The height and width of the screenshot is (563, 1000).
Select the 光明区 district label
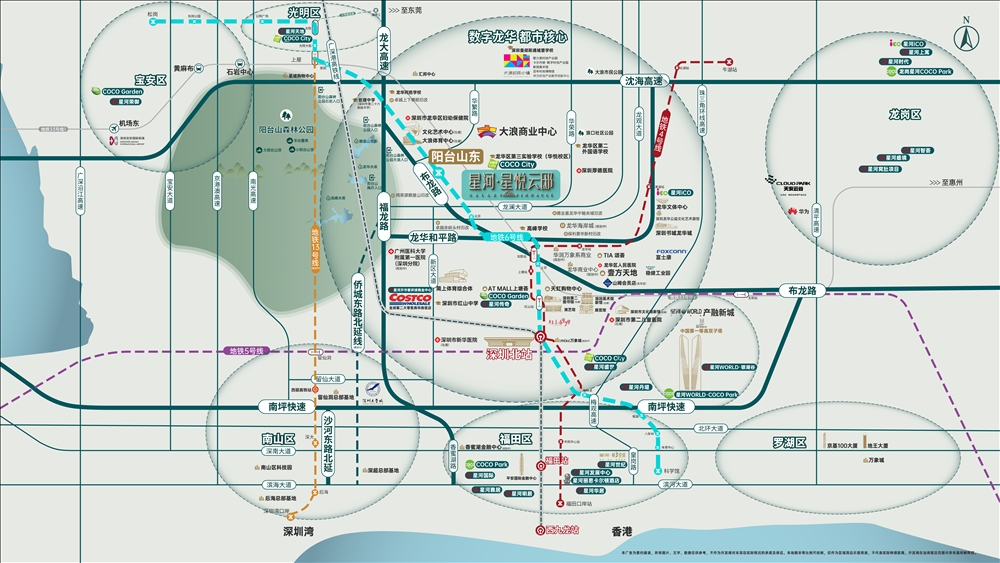tap(302, 13)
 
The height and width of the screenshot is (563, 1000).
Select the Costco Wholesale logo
tap(409, 298)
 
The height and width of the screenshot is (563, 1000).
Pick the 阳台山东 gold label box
tap(456, 156)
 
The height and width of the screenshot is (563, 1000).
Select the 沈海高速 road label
tap(644, 81)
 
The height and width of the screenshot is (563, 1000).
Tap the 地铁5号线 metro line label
tap(245, 351)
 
